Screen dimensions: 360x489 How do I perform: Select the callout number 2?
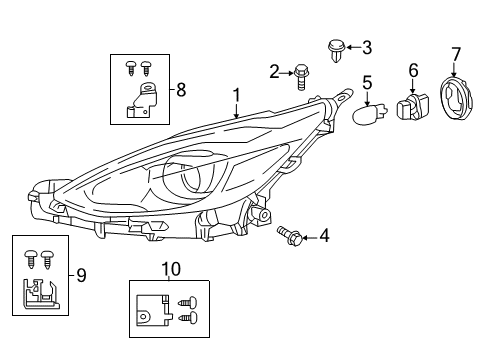tap(274, 70)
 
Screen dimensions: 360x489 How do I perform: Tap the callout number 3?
tap(366, 46)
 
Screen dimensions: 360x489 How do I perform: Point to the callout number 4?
tap(323, 236)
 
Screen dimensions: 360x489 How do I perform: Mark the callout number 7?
tap(456, 52)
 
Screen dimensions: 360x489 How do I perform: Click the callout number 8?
tap(181, 90)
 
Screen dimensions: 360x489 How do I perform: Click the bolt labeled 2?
tap(299, 72)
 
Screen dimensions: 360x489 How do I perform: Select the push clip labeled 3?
tap(337, 47)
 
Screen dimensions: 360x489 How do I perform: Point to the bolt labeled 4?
tap(292, 235)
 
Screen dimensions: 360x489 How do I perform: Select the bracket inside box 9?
tap(40, 291)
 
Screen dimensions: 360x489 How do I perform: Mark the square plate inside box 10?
tap(150, 308)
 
